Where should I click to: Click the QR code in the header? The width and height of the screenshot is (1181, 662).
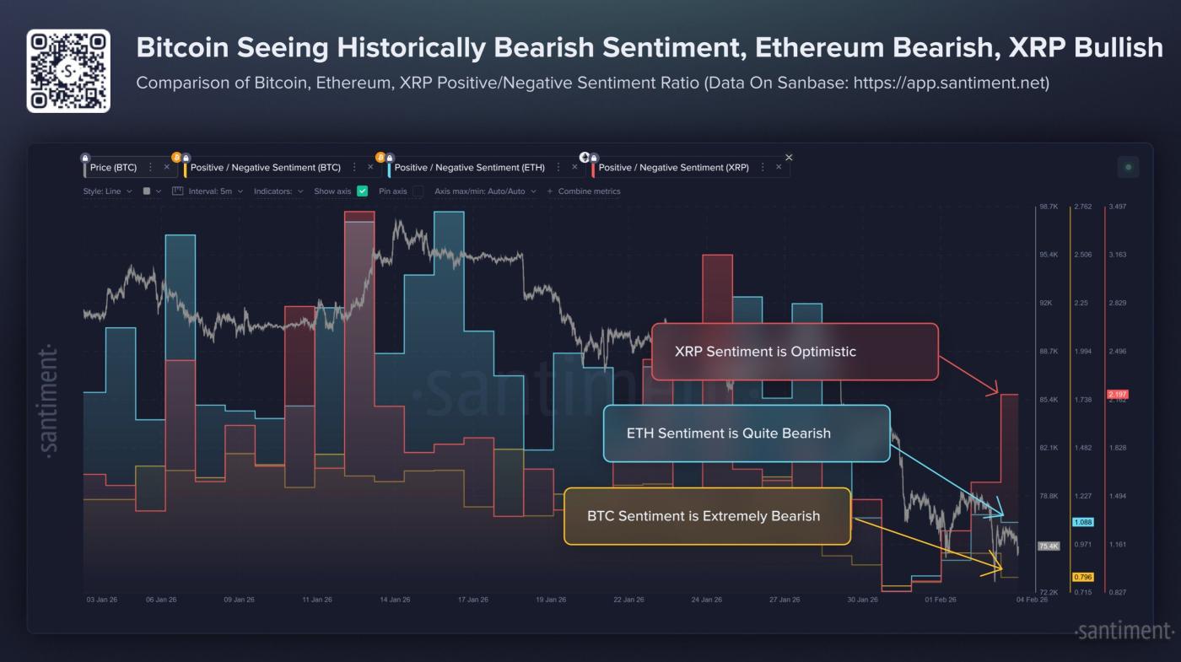point(68,71)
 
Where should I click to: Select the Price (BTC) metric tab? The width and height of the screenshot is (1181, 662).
point(113,168)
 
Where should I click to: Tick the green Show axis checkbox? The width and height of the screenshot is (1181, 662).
point(363,191)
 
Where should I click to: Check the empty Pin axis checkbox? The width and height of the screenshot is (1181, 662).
point(418,191)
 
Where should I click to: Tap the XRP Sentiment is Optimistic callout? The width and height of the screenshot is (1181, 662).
point(794,352)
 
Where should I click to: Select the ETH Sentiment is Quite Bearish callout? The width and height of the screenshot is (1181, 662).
point(746,433)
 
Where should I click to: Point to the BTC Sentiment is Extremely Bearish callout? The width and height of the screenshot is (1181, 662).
point(707,516)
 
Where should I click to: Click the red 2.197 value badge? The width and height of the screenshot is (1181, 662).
point(1117,395)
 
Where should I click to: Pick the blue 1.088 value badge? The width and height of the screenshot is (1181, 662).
point(1083,523)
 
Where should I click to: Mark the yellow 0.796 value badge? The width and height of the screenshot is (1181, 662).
point(1083,578)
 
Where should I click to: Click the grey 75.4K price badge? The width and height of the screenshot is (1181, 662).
point(1049,546)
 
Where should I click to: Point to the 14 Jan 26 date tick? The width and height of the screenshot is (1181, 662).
point(395,600)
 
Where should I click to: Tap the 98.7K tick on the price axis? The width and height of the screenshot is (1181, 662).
point(1049,207)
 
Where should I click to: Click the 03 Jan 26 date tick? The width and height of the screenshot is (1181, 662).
point(102,600)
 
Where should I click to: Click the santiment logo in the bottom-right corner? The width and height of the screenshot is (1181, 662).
point(1124,631)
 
